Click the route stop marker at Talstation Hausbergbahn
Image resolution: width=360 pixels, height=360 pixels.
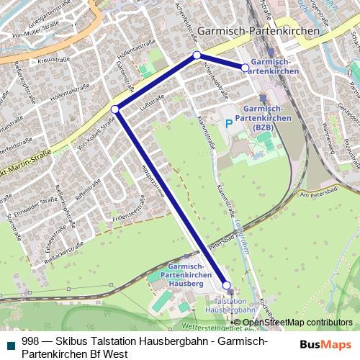(226, 285)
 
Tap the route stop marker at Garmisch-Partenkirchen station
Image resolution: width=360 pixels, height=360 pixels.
(246, 68)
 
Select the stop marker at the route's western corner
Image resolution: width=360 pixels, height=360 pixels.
(115, 109)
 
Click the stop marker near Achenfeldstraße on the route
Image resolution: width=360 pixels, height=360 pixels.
(197, 55)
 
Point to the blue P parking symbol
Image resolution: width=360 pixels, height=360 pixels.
(229, 124)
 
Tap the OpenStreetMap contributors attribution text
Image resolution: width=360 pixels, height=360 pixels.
(297, 322)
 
